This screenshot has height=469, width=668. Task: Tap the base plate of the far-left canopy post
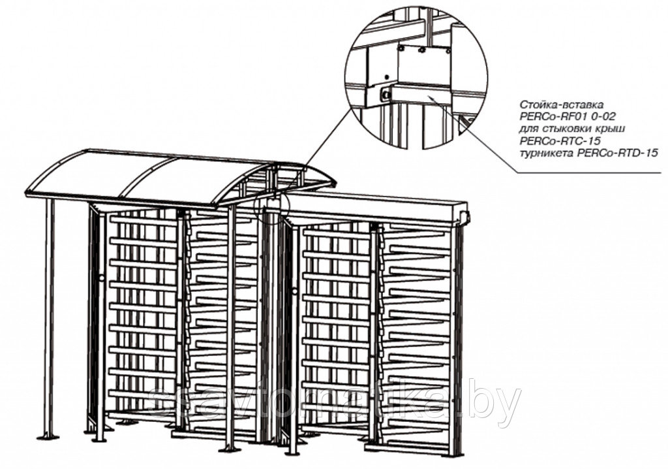point(47,436)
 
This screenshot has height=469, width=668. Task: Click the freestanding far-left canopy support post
point(49,314)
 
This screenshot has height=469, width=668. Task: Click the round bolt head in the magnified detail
point(386,95)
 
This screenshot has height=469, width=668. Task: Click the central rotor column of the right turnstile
point(374,327)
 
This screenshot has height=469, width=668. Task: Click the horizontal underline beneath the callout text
point(587,172)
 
